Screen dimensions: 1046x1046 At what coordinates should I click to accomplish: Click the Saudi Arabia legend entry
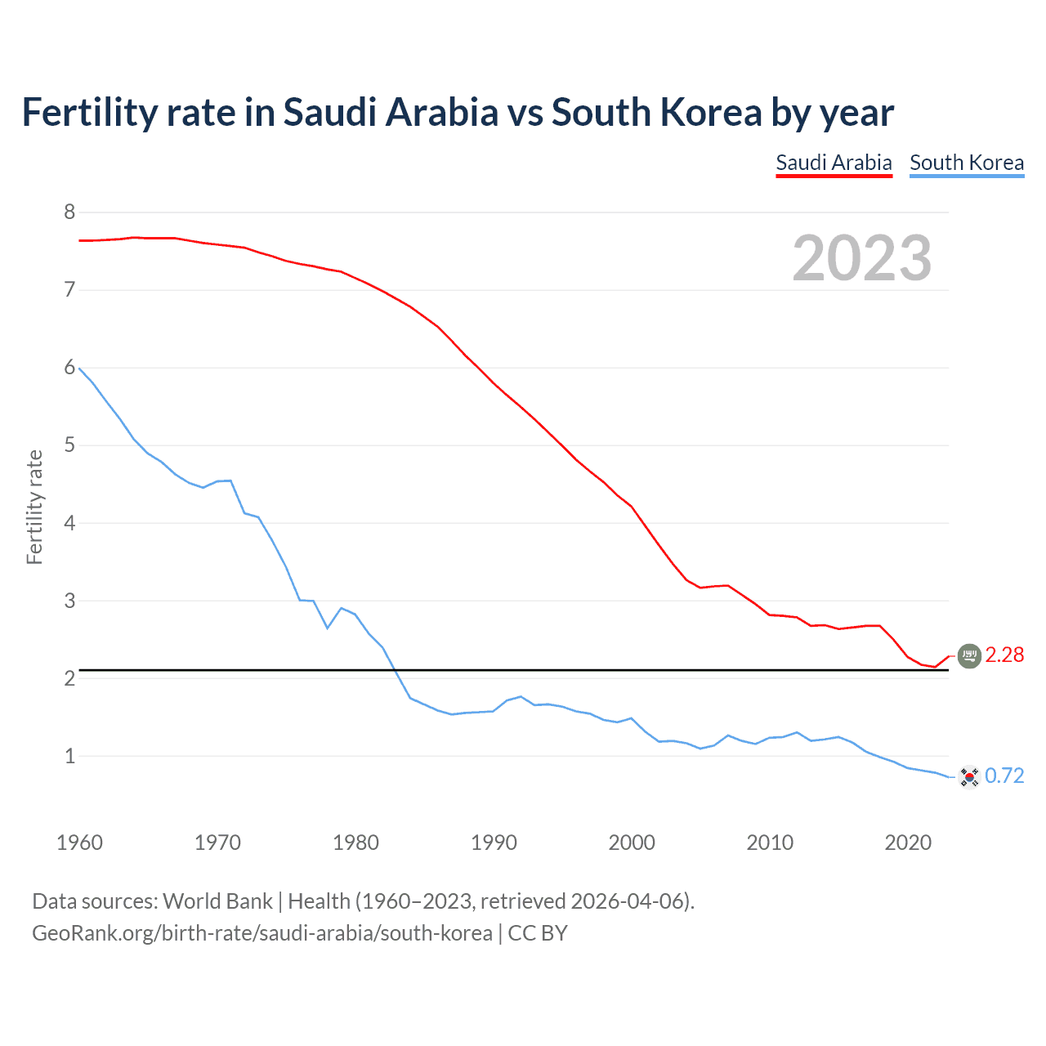coord(834,163)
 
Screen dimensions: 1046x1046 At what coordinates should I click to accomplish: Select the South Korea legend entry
coord(967,163)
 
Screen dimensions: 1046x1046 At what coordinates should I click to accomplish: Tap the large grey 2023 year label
coord(862,258)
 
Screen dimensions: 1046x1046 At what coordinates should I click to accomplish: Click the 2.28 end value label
coord(1004,655)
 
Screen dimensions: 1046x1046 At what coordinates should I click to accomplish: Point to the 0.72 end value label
coord(1004,776)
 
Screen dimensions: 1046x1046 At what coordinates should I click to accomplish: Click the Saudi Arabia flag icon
coord(969,655)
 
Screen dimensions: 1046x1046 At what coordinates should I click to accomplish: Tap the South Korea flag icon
coord(969,776)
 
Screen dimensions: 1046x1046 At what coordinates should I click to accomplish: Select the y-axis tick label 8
coord(69,212)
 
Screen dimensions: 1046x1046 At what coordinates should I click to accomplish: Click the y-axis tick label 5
coord(69,445)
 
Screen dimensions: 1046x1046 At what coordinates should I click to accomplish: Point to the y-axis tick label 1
coord(69,756)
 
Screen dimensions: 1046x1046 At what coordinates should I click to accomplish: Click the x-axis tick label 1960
coord(79,843)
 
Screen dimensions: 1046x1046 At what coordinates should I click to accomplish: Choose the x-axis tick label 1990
coord(494,843)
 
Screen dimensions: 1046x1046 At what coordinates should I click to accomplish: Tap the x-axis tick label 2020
coord(908,843)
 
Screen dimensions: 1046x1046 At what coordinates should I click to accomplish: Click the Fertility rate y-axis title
coord(34,507)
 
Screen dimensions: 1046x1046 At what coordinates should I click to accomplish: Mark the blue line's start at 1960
coord(79,369)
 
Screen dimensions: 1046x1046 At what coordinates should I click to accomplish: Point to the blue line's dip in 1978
coord(328,628)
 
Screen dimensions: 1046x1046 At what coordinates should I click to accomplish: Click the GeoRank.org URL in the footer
coord(262,933)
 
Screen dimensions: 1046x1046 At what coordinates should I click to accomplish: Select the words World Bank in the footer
coord(217,901)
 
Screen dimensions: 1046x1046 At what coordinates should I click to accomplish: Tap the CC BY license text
coord(538,933)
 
